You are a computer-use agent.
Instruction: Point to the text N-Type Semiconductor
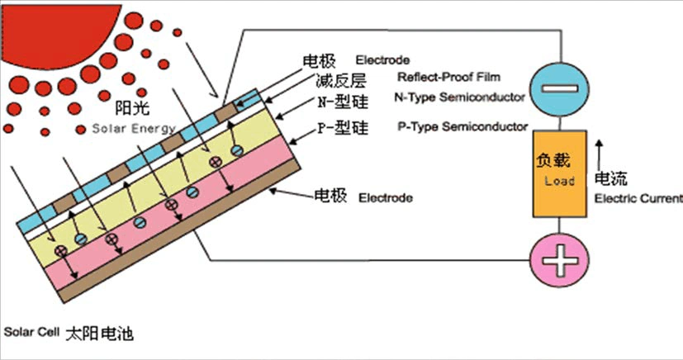(x=461, y=98)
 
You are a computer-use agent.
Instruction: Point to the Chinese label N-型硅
(x=334, y=104)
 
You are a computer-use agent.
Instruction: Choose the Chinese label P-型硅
(x=334, y=130)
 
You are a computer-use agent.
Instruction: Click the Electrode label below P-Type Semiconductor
(x=385, y=198)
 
